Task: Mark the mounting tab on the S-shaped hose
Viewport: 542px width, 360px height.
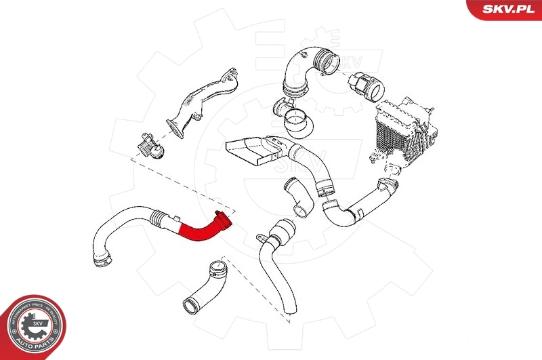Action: [261, 237]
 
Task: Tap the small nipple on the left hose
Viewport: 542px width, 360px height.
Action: [177, 217]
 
